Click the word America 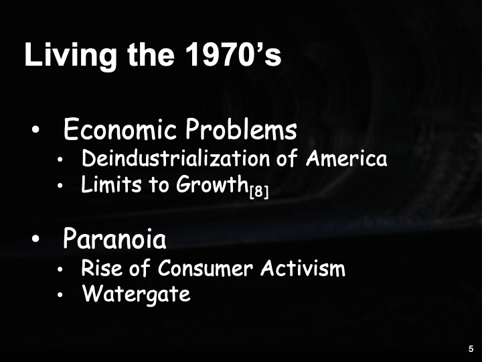346,159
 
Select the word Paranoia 114,238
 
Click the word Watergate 136,294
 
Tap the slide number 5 471,349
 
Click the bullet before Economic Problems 35,130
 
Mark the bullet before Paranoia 35,239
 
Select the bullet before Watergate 60,295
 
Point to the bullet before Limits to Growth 60,186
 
